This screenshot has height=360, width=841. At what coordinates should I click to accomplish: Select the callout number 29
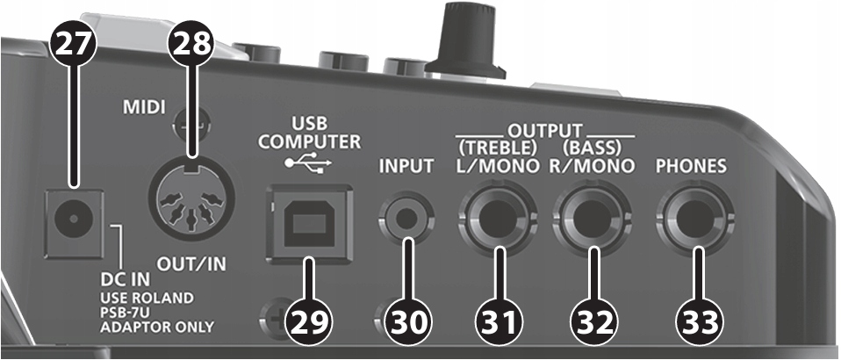point(309,320)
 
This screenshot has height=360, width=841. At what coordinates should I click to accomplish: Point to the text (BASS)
point(592,144)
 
